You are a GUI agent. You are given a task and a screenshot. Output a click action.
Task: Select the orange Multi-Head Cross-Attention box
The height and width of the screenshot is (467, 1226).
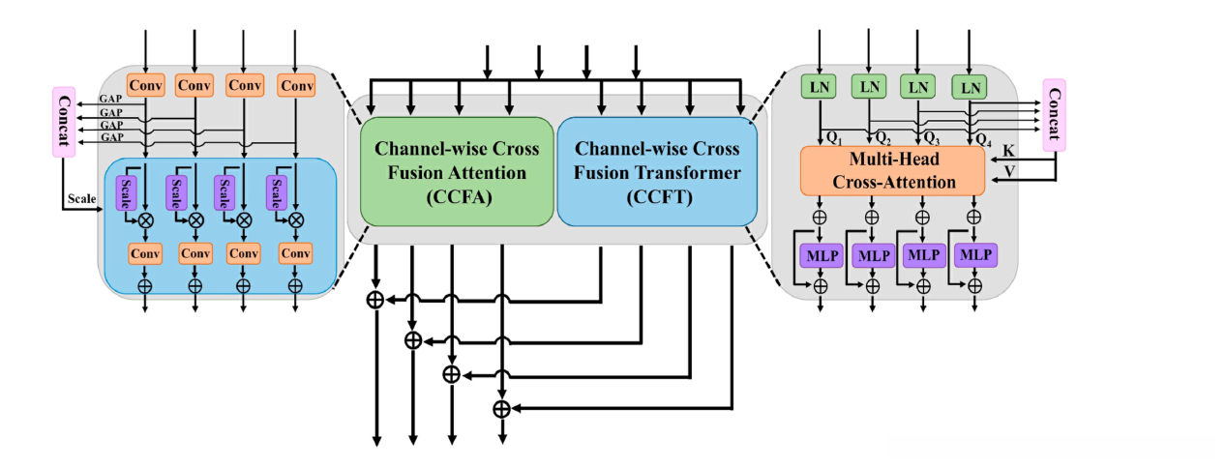(891, 169)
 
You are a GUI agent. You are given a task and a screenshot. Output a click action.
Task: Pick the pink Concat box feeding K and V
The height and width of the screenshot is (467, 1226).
(1053, 115)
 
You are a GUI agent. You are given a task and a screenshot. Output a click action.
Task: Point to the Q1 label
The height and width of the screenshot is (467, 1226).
(833, 137)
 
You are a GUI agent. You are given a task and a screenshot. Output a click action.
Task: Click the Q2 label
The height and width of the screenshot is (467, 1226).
(882, 137)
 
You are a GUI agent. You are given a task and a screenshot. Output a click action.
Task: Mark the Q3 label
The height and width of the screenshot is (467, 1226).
(931, 137)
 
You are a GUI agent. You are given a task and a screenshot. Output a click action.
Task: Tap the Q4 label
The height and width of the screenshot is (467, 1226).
(983, 137)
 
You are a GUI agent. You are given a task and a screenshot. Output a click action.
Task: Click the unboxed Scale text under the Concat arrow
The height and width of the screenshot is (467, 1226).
(81, 199)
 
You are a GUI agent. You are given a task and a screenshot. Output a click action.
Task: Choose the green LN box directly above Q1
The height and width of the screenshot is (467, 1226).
(820, 88)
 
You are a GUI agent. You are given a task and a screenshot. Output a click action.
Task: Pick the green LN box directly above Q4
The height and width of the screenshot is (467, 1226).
(969, 88)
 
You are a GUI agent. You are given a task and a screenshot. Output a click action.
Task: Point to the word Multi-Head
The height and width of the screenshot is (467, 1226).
(891, 159)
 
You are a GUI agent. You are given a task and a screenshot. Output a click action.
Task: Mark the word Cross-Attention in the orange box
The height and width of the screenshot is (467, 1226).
(891, 182)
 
